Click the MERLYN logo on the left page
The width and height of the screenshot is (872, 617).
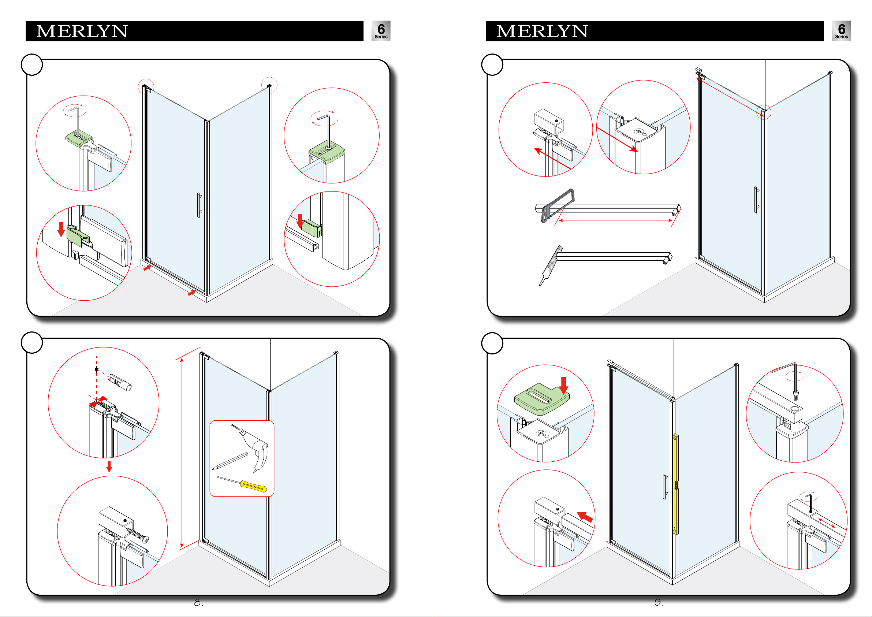[82, 31]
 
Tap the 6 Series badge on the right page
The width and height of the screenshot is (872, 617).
[841, 31]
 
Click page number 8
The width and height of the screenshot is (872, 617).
[199, 603]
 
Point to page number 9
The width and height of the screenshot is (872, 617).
[659, 603]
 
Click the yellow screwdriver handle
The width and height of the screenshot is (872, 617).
[253, 486]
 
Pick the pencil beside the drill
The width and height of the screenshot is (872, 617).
[230, 461]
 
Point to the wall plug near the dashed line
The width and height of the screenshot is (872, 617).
[120, 382]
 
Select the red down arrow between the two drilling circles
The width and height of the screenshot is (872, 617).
[109, 467]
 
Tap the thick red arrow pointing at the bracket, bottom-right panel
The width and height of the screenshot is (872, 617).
[585, 516]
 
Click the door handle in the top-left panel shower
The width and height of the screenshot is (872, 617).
[199, 205]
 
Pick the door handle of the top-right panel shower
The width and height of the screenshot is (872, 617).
[756, 200]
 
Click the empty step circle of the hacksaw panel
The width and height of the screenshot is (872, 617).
[492, 64]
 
